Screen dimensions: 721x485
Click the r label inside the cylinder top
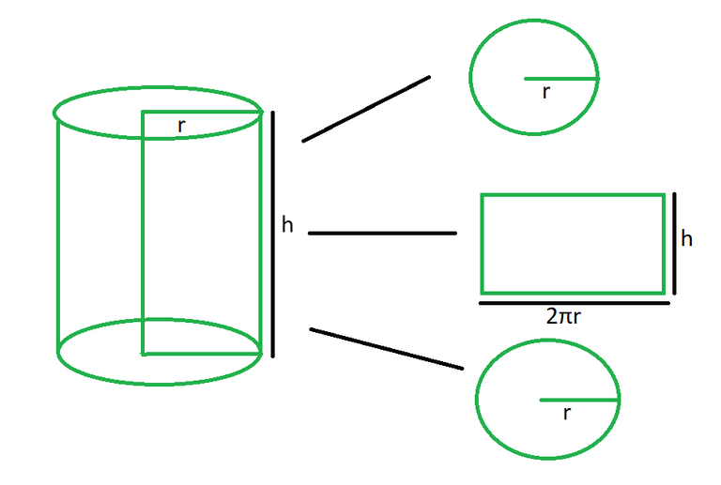coord(181,126)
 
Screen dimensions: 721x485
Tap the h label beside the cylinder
coord(287,225)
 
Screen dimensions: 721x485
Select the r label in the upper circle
coord(545,92)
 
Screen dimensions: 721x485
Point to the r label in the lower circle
coord(567,414)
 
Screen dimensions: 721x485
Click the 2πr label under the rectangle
coord(563,316)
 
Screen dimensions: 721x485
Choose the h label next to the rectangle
coord(686,239)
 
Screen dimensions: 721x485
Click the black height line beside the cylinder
coord(272,234)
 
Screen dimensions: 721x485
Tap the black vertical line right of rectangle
coord(675,243)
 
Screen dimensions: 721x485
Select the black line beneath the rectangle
coord(575,303)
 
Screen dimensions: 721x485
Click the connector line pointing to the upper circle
coord(366,109)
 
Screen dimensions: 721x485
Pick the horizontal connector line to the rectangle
coord(382,234)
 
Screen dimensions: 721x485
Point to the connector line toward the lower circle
coord(386,349)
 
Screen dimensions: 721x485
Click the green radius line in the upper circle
coord(561,79)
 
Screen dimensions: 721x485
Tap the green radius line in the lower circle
coord(579,400)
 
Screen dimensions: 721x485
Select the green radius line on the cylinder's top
coord(202,112)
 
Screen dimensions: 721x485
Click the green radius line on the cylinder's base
coord(202,354)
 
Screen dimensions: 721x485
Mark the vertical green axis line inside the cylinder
coord(144,233)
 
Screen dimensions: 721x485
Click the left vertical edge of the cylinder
coord(58,235)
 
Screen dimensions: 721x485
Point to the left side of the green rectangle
coord(482,244)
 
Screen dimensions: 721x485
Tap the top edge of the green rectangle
coord(573,196)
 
